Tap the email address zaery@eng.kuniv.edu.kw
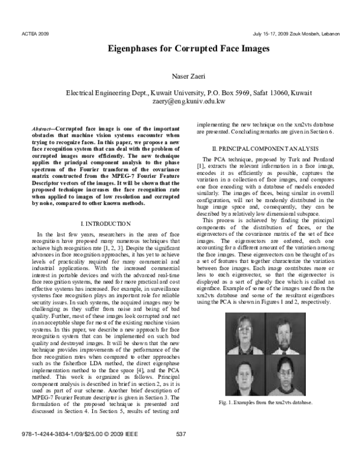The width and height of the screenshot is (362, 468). pos(181,103)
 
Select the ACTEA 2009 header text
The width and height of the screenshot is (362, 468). pos(34,34)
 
